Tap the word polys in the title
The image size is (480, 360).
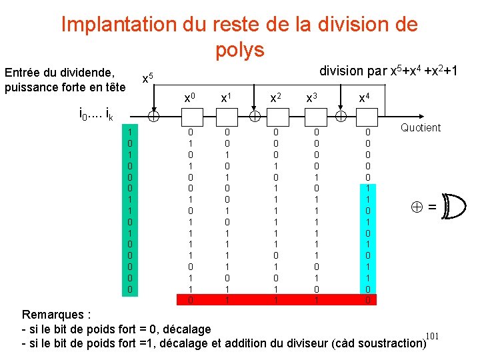(240, 49)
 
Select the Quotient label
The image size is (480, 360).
(421, 127)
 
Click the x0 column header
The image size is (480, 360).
(190, 98)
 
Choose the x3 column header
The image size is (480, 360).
(311, 98)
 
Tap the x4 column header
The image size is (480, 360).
(364, 98)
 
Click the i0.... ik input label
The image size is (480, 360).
(96, 116)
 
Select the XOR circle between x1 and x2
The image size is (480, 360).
(255, 117)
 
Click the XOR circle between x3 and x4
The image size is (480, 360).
(340, 117)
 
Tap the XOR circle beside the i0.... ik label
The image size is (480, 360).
(153, 117)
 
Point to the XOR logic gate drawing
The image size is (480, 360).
(455, 207)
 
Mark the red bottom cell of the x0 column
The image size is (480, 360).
(190, 300)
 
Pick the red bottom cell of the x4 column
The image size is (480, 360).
(365, 300)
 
